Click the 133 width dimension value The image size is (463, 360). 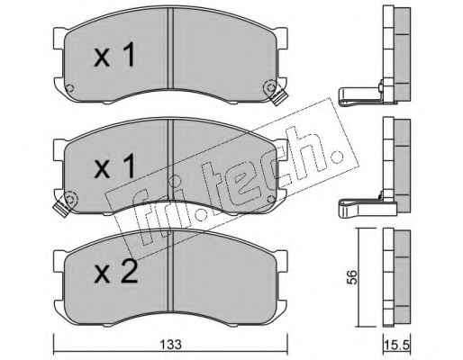click(x=170, y=345)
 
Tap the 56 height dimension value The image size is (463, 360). click(x=352, y=277)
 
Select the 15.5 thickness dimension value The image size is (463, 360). click(x=396, y=345)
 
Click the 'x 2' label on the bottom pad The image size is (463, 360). click(x=116, y=272)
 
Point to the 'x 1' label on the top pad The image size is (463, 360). click(x=114, y=54)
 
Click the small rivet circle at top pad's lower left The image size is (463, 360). click(x=69, y=88)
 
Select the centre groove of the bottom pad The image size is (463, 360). click(x=170, y=272)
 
